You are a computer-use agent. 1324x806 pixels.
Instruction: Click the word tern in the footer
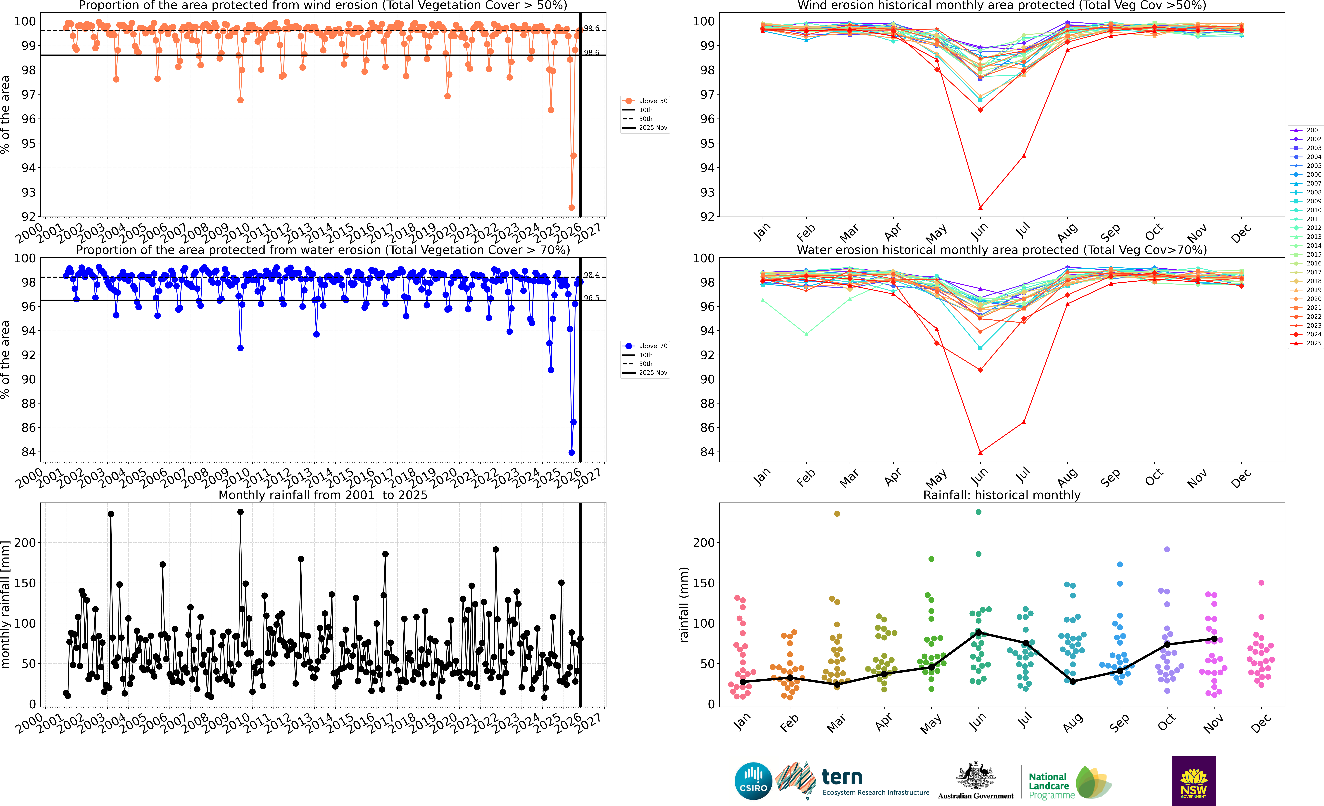tap(842, 777)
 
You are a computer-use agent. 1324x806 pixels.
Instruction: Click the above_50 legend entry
tap(652, 101)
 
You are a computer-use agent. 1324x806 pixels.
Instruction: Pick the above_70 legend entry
tap(652, 346)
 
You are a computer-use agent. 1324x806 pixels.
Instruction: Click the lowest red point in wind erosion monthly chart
tap(980, 207)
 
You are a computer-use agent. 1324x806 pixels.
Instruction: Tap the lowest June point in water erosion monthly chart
tap(980, 452)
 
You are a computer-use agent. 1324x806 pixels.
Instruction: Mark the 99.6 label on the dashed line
tap(592, 29)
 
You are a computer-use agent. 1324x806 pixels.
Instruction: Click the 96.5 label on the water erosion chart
tap(592, 298)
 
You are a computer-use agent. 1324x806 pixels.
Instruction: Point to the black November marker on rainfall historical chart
tap(1214, 639)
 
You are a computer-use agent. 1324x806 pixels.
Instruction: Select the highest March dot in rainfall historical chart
tap(837, 514)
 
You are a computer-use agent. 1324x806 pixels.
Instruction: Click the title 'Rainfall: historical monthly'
tap(1002, 495)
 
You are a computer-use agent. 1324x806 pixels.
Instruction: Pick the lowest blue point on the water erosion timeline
tap(572, 452)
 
